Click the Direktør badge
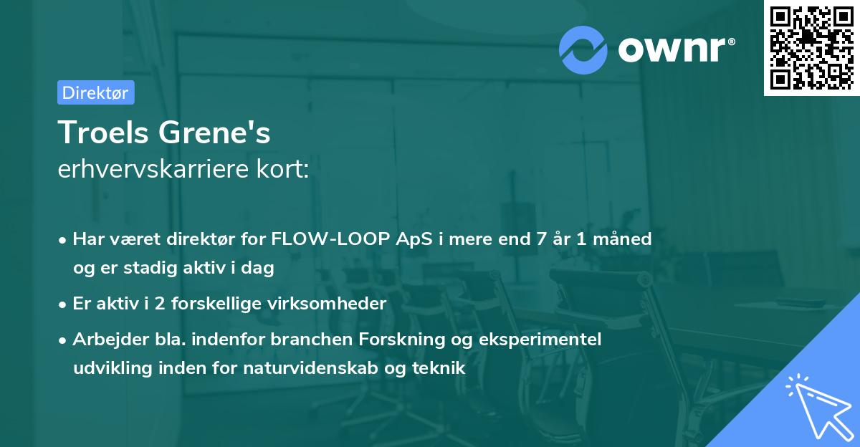(95, 92)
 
